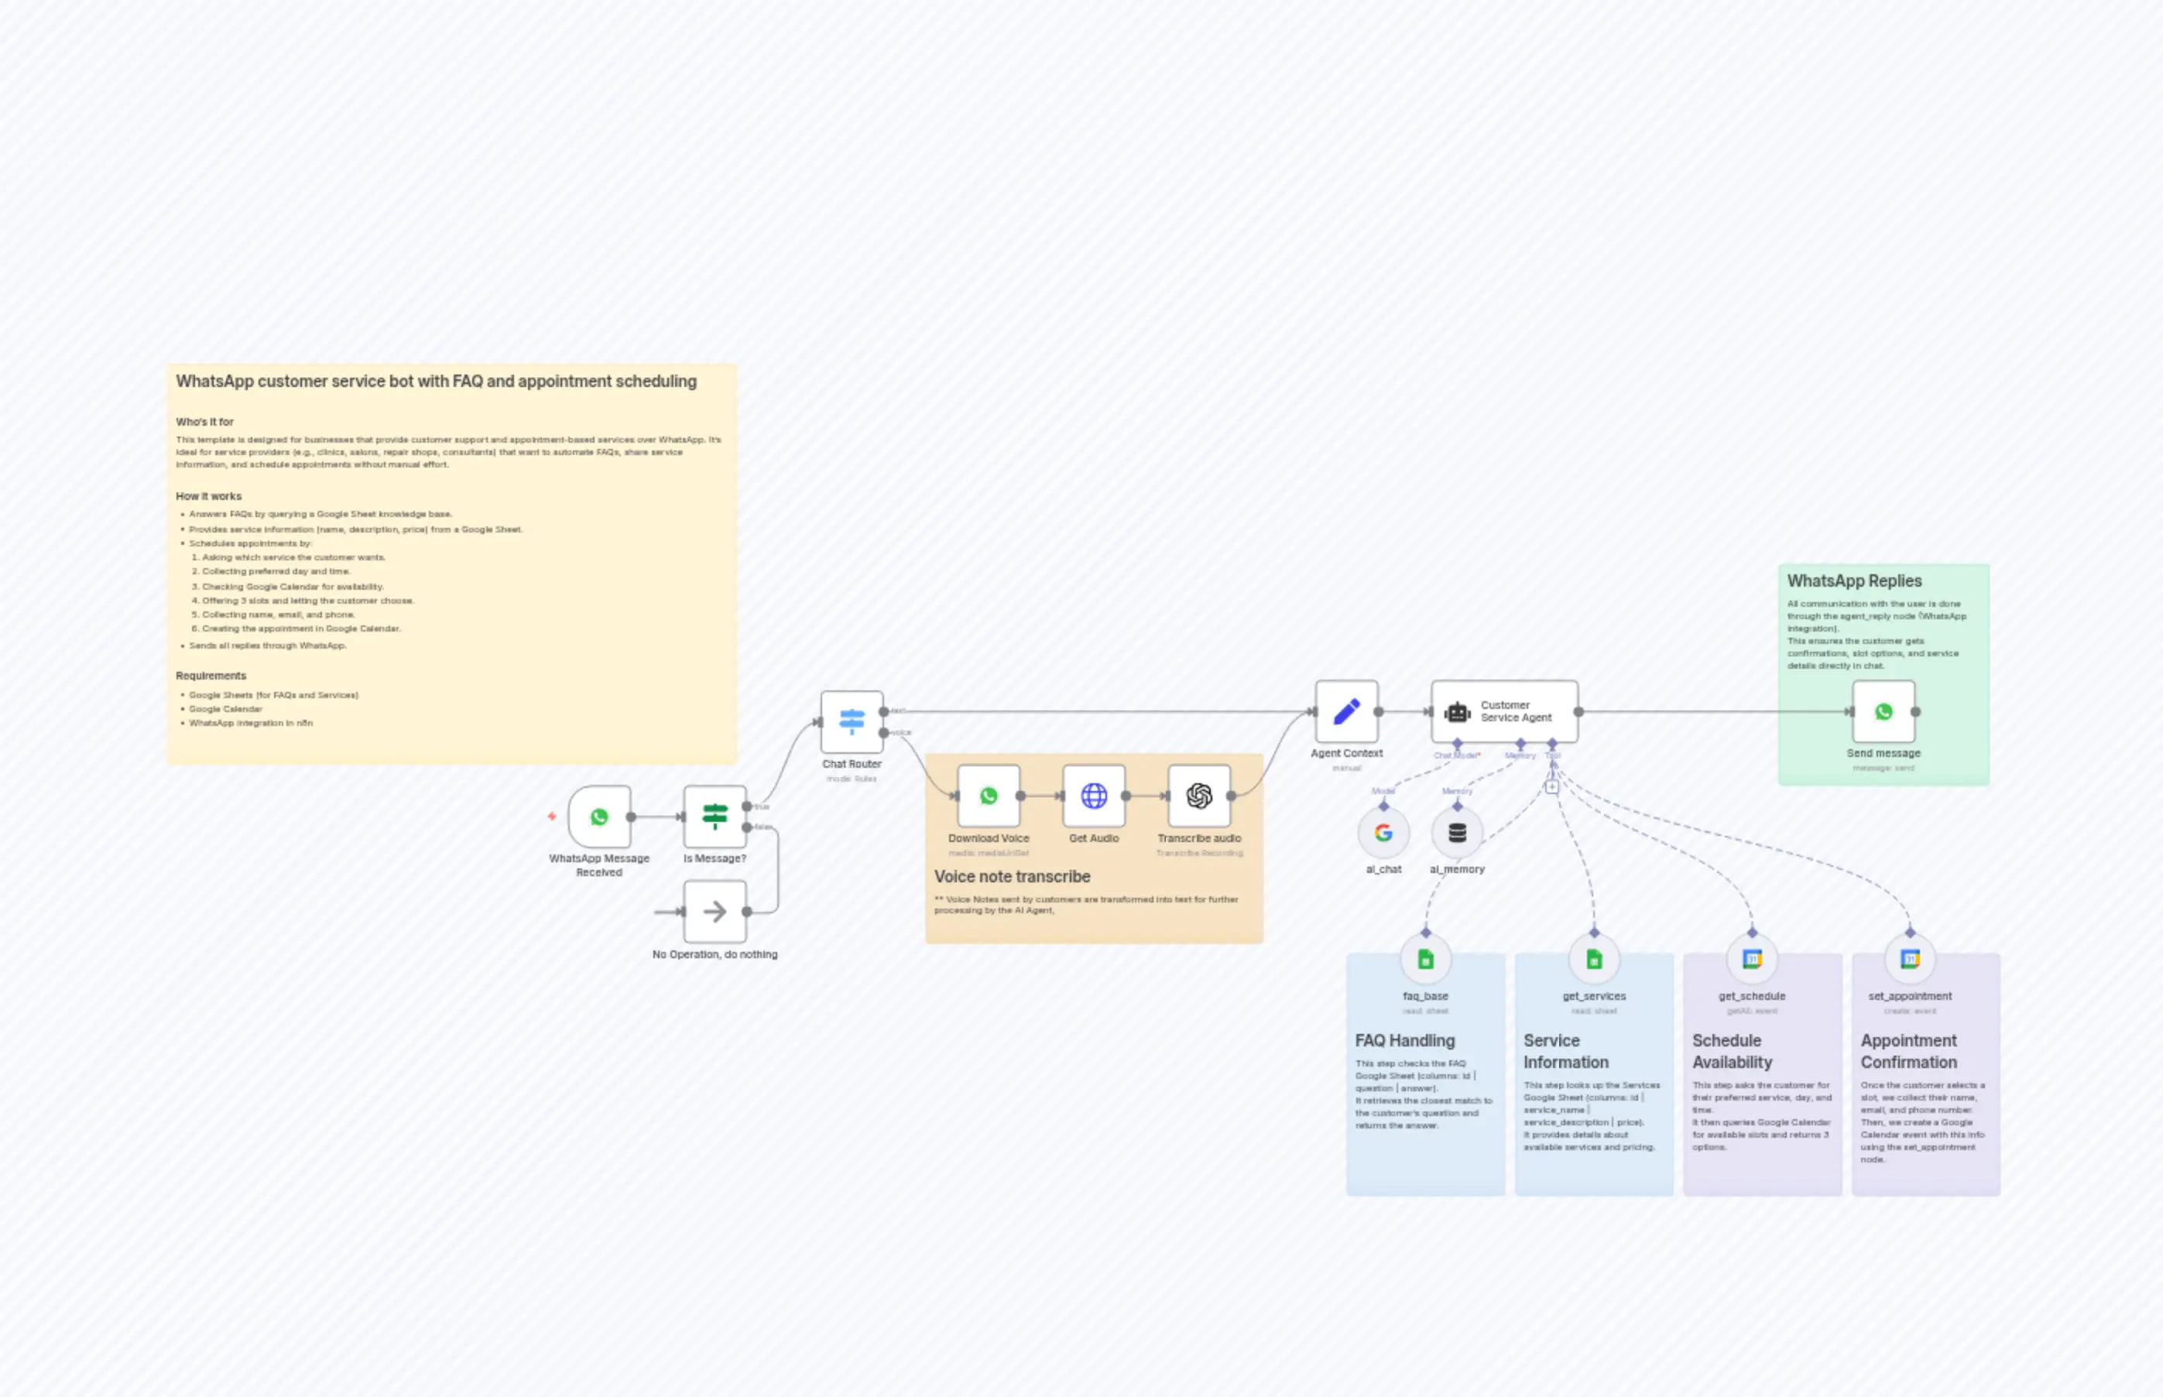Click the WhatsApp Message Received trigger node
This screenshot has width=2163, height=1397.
[599, 817]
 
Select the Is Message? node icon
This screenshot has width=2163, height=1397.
[715, 817]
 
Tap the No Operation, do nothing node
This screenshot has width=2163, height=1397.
[715, 911]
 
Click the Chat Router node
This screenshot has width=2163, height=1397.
[851, 721]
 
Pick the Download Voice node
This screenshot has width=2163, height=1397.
[988, 796]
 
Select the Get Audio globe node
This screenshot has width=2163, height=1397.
[1093, 796]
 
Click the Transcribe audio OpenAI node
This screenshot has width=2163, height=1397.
[1198, 796]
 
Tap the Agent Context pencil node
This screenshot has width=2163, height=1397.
[1346, 711]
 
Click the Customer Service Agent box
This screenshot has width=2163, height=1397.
[1504, 711]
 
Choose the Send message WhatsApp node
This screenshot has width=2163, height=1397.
[1884, 711]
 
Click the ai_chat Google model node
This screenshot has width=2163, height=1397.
[1383, 832]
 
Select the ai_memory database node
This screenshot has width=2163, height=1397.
[1457, 832]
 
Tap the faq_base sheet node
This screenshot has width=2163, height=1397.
[1425, 959]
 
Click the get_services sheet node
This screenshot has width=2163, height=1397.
[1594, 959]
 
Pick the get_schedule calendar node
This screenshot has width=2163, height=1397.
[1752, 959]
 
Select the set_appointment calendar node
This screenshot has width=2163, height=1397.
[1910, 959]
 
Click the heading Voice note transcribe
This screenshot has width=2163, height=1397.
[1012, 876]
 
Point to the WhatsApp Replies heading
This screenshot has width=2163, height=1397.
[1853, 580]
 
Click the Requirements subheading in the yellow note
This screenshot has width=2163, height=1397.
[211, 676]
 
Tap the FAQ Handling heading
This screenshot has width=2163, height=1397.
[1404, 1040]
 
